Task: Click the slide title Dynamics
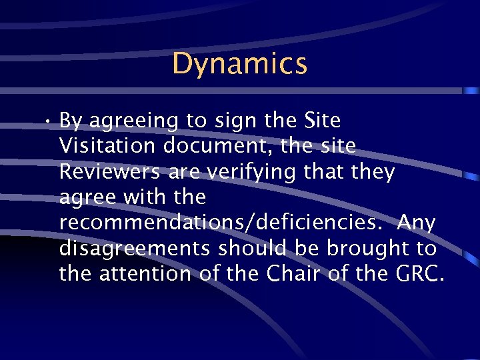tap(239, 64)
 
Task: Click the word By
tap(71, 122)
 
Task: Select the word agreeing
tap(133, 122)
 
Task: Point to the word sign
tap(233, 122)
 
